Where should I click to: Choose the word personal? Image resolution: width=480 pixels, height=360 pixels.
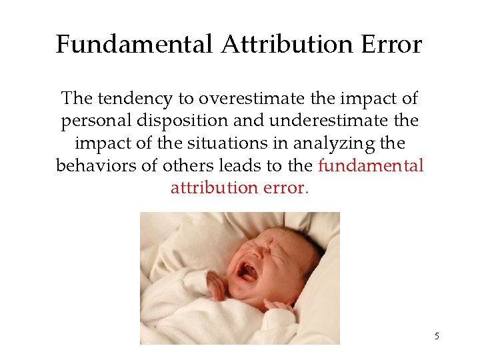pos(94,121)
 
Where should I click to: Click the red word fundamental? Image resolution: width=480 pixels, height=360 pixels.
pos(371,165)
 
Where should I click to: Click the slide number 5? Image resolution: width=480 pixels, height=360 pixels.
pos(437,336)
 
